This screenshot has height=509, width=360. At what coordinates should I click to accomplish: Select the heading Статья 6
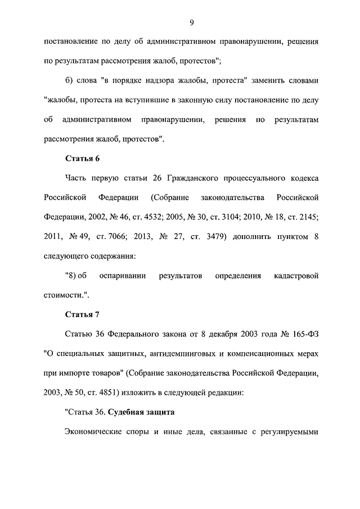(83, 158)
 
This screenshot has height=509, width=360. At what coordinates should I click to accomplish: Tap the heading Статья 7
(83, 314)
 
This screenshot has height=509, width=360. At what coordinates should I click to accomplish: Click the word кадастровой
(296, 276)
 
